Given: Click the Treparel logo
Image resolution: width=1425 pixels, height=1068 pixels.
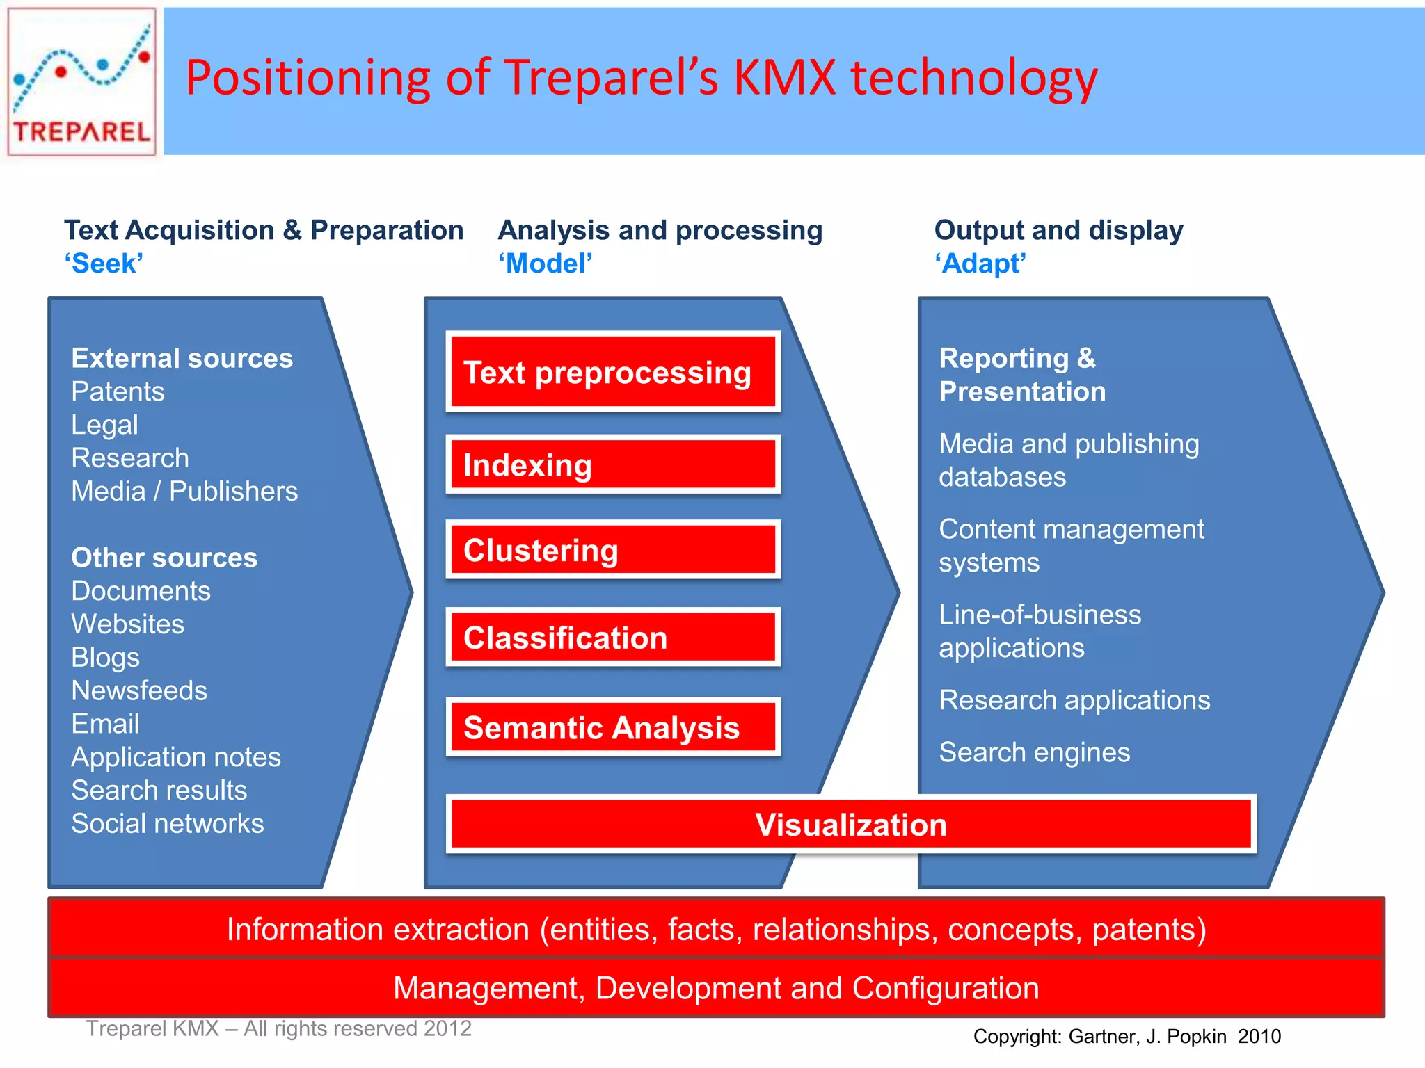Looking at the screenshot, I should tap(81, 81).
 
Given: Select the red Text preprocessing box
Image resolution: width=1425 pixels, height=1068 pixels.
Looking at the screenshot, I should tap(612, 372).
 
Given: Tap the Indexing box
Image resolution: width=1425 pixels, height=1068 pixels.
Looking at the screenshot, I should tap(612, 464).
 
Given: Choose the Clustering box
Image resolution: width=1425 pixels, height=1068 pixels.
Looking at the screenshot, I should tap(612, 550).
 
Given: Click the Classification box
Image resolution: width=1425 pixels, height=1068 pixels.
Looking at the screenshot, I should tap(612, 638).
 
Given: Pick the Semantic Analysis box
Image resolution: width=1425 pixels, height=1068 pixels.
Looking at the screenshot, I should tap(612, 727).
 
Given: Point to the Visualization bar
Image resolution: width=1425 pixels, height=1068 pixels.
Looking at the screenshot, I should tap(850, 825).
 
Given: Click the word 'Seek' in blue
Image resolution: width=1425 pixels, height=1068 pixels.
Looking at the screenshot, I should tap(104, 264).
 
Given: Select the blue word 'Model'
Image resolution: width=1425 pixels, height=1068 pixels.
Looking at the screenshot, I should tap(546, 264).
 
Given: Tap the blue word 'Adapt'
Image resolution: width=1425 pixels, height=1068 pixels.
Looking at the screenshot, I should tap(980, 264).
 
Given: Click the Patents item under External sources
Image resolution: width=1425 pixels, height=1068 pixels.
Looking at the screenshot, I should tap(118, 391).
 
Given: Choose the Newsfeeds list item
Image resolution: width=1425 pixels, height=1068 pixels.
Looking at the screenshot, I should tap(139, 690).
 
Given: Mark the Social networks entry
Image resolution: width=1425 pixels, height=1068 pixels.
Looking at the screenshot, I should tap(168, 823).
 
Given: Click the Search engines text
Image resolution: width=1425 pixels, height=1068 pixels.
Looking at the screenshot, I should tap(1034, 752).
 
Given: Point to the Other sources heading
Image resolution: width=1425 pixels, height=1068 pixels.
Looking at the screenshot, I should tap(164, 558).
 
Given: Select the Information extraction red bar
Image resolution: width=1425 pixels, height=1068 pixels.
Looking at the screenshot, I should tap(715, 930).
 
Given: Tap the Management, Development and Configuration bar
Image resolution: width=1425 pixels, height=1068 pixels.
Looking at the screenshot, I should tap(715, 988).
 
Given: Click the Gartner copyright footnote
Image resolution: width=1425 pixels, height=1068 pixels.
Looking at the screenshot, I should tap(1127, 1037).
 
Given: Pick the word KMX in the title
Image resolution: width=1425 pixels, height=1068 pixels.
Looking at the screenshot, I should tap(784, 77).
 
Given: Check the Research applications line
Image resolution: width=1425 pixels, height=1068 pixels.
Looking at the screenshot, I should tap(1074, 700).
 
